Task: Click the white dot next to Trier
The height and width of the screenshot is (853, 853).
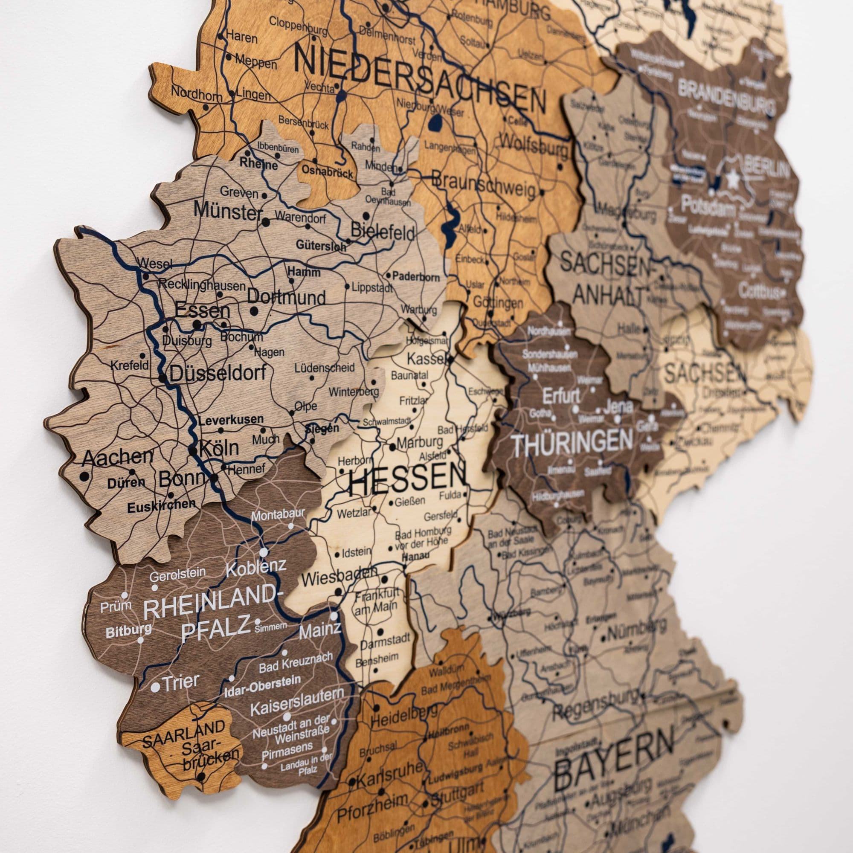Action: click(155, 688)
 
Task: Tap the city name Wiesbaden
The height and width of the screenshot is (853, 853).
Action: click(339, 577)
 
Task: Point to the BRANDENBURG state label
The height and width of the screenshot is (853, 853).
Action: click(726, 96)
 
